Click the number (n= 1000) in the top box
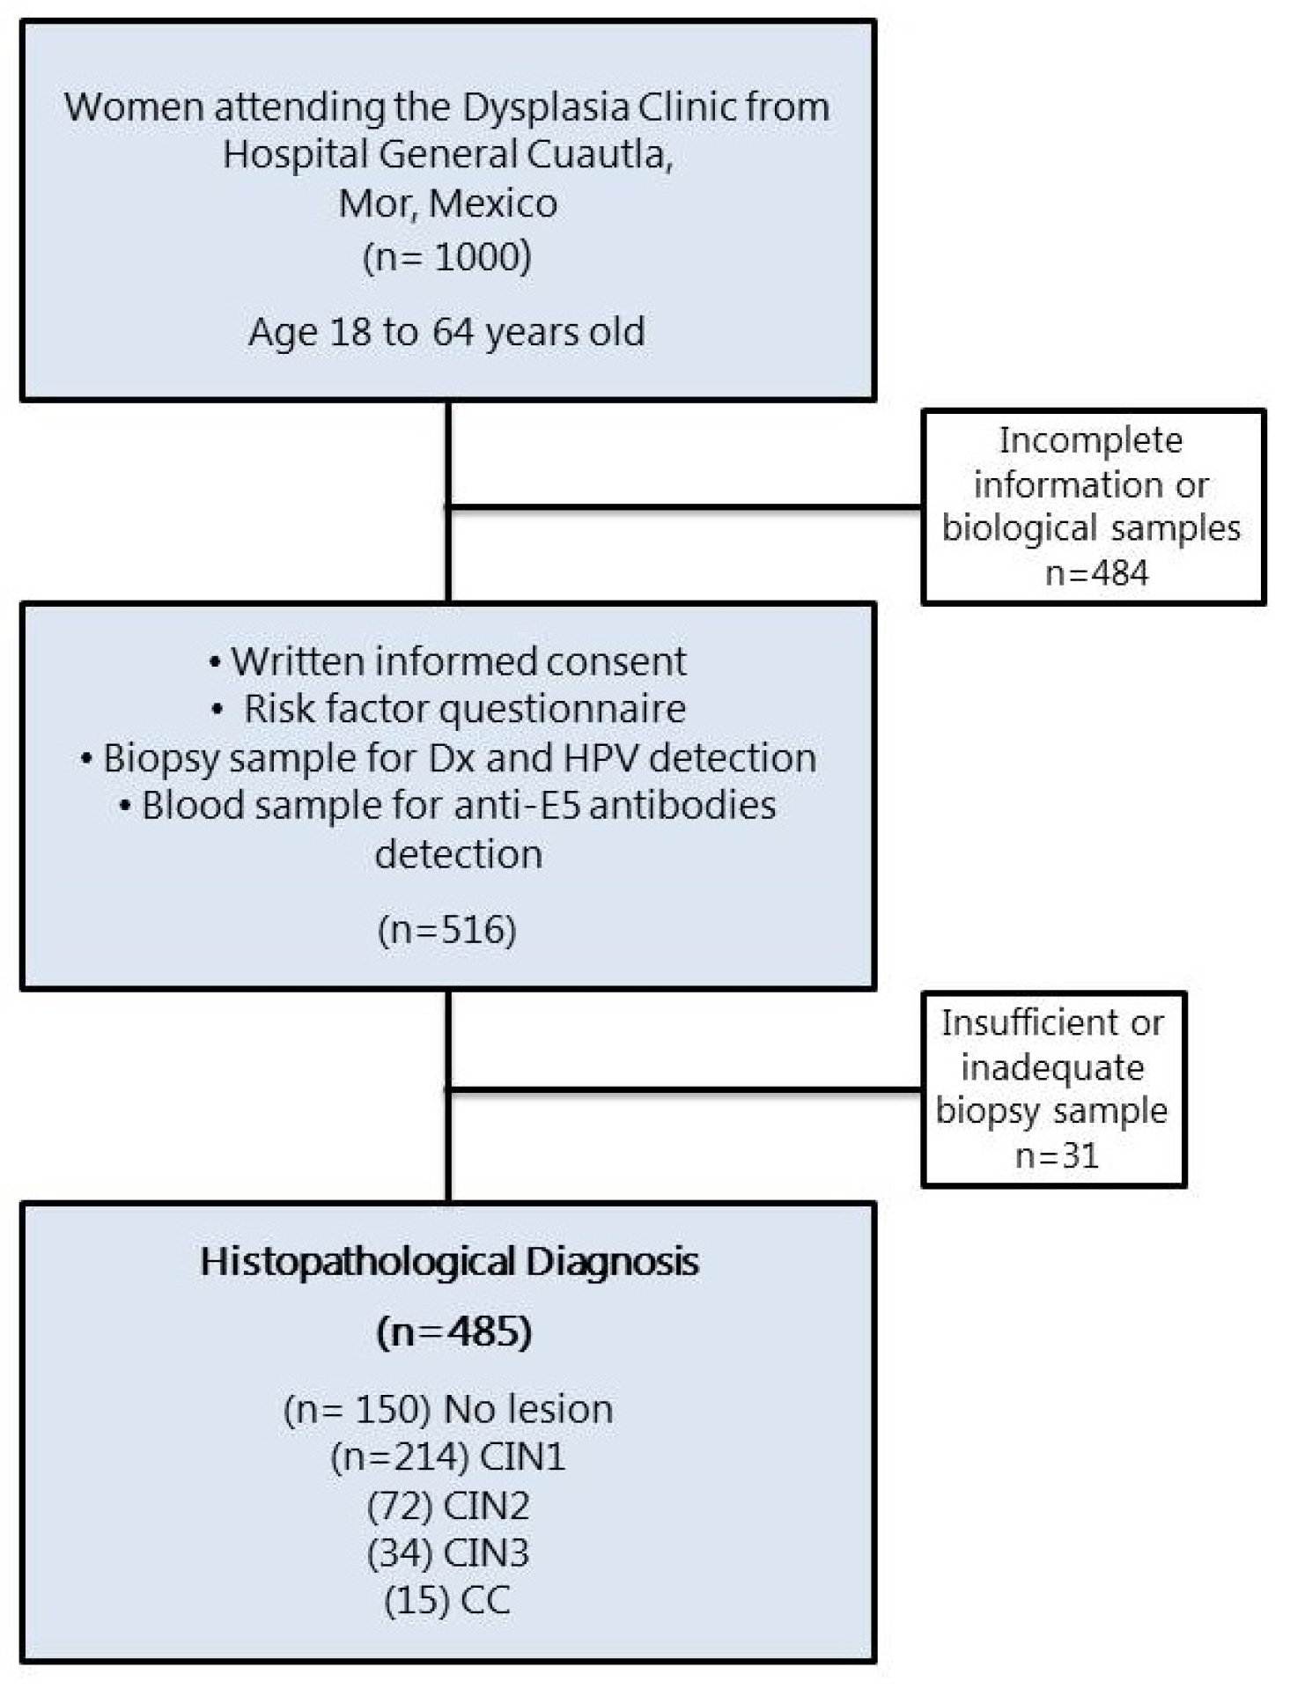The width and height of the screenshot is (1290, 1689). [x=447, y=257]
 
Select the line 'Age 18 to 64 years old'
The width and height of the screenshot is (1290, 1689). [x=446, y=332]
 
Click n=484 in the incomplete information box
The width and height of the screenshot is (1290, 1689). [x=1096, y=573]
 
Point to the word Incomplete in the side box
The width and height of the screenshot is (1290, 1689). [x=1090, y=440]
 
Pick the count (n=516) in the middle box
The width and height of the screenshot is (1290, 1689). [x=446, y=930]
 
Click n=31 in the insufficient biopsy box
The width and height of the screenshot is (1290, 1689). [x=1057, y=1154]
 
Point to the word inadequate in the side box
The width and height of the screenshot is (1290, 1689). [x=1052, y=1067]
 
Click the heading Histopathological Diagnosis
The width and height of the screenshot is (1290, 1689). [x=449, y=1261]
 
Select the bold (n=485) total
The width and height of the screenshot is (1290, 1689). [x=453, y=1331]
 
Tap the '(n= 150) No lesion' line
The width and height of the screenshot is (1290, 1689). [x=448, y=1409]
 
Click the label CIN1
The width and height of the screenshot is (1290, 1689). [x=522, y=1457]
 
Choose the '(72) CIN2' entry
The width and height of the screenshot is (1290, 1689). [x=448, y=1506]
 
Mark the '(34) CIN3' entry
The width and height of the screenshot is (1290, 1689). [x=448, y=1553]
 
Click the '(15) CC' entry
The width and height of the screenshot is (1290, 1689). [x=447, y=1600]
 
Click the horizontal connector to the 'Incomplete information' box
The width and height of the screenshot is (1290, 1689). [x=685, y=506]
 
